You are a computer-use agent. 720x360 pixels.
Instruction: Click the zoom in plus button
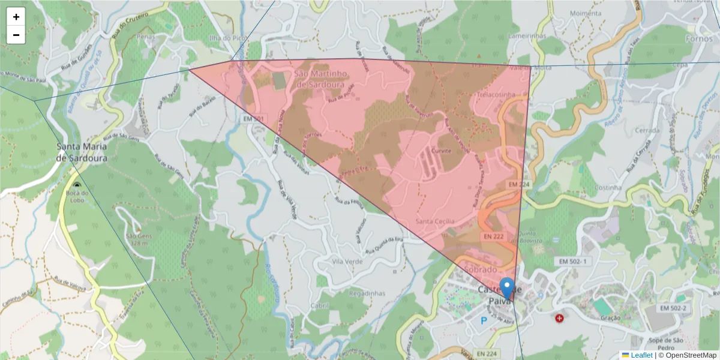(16, 17)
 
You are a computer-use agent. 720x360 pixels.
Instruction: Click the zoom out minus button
(16, 35)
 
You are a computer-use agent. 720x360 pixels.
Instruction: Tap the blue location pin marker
(507, 288)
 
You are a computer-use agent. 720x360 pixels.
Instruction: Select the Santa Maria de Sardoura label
(82, 152)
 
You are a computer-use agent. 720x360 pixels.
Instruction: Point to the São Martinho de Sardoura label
(320, 79)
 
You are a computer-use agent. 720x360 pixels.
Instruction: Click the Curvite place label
(441, 151)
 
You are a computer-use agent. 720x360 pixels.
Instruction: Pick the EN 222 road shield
(493, 237)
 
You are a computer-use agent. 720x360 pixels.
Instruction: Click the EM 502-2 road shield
(672, 308)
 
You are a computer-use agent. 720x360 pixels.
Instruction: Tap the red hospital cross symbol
(560, 318)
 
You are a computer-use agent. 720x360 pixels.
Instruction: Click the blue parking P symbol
(484, 320)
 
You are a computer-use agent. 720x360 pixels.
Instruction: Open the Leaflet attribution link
(640, 355)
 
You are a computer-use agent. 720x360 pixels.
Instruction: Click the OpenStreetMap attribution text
(688, 355)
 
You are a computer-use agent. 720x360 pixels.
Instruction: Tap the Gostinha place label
(607, 188)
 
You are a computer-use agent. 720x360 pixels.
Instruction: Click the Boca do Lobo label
(78, 196)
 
